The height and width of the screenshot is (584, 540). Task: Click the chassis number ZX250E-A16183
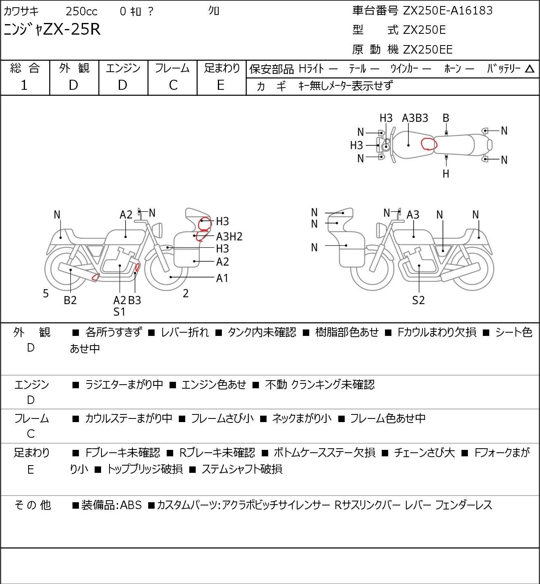pyautogui.click(x=447, y=10)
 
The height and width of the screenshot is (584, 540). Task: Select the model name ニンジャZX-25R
pyautogui.click(x=52, y=29)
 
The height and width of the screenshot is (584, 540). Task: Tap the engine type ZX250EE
pyautogui.click(x=428, y=50)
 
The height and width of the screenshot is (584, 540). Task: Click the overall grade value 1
pyautogui.click(x=24, y=85)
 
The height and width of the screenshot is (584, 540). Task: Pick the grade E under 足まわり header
pyautogui.click(x=221, y=85)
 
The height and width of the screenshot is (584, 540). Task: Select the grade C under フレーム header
pyautogui.click(x=173, y=85)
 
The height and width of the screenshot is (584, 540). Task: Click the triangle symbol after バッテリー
pyautogui.click(x=530, y=69)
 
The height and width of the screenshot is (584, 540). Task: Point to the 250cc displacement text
pyautogui.click(x=81, y=11)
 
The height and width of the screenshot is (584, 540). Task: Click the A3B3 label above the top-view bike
pyautogui.click(x=415, y=118)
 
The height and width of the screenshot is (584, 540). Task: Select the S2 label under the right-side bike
pyautogui.click(x=418, y=300)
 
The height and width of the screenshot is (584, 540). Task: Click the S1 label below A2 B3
pyautogui.click(x=120, y=312)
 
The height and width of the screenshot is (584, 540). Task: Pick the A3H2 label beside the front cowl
pyautogui.click(x=229, y=236)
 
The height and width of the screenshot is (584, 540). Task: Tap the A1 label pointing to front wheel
pyautogui.click(x=222, y=278)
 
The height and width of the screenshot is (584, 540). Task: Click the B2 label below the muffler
pyautogui.click(x=70, y=300)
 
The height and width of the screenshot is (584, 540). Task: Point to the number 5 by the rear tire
pyautogui.click(x=46, y=293)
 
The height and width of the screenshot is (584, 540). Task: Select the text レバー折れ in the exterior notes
pyautogui.click(x=185, y=332)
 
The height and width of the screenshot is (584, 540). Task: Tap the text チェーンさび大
pyautogui.click(x=424, y=453)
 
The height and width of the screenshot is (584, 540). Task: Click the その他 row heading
pyautogui.click(x=33, y=505)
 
